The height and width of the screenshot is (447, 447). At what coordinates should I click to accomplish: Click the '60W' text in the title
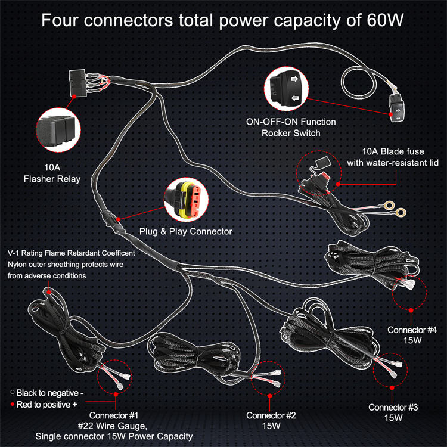click(x=385, y=20)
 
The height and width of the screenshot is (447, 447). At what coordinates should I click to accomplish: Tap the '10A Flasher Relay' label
click(x=52, y=173)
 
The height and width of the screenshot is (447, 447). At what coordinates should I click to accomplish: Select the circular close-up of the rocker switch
click(x=286, y=89)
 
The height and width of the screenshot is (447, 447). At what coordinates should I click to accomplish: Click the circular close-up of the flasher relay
click(x=58, y=130)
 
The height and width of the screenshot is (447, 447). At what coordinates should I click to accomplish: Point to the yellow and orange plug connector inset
click(x=186, y=200)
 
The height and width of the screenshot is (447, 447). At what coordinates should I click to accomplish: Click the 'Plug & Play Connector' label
click(x=185, y=231)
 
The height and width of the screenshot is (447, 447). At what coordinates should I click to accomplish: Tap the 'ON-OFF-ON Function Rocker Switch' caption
click(x=291, y=127)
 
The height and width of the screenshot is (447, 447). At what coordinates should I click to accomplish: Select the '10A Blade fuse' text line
click(x=393, y=151)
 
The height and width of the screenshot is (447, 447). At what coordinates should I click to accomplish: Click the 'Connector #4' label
click(x=412, y=330)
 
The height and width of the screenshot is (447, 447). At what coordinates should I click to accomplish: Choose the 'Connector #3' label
click(x=393, y=408)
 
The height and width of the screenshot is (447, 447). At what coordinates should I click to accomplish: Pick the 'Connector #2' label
click(x=271, y=415)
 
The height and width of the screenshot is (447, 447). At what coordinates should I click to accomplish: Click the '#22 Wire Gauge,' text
click(x=113, y=426)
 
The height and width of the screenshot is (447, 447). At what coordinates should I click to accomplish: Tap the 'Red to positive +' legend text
click(x=46, y=405)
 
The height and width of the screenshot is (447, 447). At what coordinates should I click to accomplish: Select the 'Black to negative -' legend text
click(x=50, y=393)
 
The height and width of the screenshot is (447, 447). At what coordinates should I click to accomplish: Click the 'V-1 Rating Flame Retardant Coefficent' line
click(x=72, y=253)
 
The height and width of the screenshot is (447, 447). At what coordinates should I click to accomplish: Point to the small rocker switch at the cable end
click(x=396, y=108)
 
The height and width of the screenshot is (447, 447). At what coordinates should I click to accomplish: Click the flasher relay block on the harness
click(x=77, y=82)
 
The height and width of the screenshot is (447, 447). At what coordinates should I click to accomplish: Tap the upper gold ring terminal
click(x=389, y=204)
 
